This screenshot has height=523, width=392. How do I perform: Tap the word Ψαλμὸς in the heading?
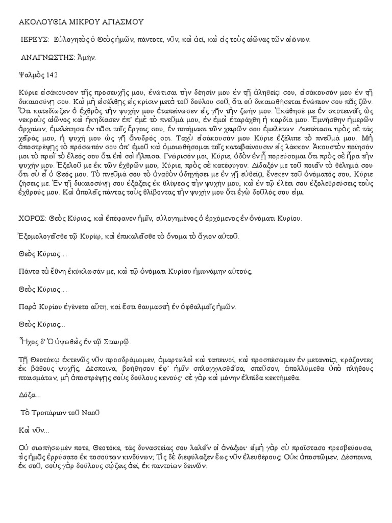click(x=32, y=75)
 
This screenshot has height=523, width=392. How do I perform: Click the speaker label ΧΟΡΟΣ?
click(x=30, y=219)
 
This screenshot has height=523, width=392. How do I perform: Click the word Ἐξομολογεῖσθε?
click(x=46, y=236)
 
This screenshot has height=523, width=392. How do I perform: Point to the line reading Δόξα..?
click(x=27, y=395)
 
